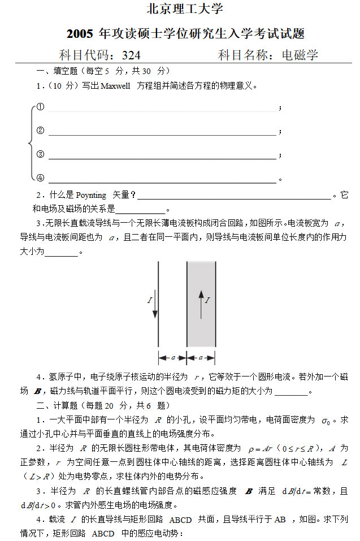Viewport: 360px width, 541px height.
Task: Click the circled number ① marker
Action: click(40, 107)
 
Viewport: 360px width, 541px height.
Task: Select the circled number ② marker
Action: click(40, 131)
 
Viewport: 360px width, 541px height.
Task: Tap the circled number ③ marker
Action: click(40, 154)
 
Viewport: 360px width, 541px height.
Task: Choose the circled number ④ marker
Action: click(40, 178)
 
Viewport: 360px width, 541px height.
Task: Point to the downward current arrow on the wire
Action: click(155, 305)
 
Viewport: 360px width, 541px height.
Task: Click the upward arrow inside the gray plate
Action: click(201, 297)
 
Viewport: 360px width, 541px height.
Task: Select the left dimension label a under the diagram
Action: click(172, 358)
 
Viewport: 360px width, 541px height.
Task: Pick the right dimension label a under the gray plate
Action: click(201, 358)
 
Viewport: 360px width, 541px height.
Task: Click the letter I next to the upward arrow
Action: click(207, 300)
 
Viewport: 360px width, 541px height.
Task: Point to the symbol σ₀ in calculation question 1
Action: click(326, 421)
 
